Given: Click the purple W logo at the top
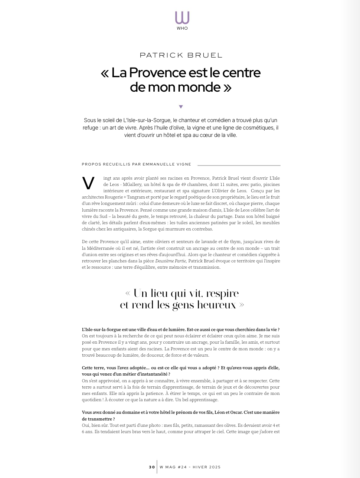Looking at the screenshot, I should coord(182,17).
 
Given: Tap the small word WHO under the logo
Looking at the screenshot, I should coord(182,28).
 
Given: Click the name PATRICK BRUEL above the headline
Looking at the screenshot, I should coord(181,55).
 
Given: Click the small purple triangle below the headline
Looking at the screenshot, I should coord(181,107).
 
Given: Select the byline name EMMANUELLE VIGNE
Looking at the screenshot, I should coord(167,164).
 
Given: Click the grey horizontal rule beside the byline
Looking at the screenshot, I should coord(239,165).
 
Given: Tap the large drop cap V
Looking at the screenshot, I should coord(88,183).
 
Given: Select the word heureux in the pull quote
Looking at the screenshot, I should coord(217,305).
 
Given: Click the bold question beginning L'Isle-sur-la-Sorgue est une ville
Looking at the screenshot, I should coord(180,330).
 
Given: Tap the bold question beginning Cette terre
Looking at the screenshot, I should coord(180,371).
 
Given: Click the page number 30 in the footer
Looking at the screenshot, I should coord(152,467).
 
